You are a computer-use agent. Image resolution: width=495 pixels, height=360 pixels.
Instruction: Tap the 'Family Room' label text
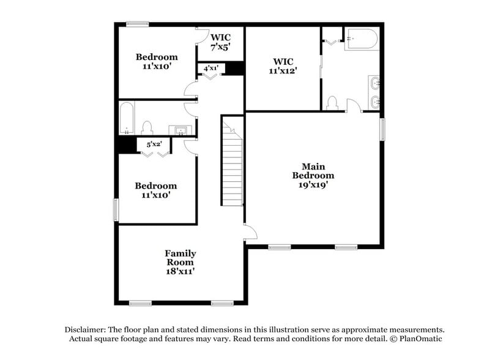click(x=180, y=258)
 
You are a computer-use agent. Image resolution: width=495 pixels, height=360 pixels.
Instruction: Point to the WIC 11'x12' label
click(x=283, y=66)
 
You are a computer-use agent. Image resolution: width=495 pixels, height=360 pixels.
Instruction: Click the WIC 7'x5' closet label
click(x=220, y=40)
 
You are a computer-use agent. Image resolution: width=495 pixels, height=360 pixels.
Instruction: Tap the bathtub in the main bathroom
click(x=361, y=39)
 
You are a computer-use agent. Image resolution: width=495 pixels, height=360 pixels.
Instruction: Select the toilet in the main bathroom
click(x=333, y=103)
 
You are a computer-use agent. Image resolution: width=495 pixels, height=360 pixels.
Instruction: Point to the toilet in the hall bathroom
click(x=147, y=127)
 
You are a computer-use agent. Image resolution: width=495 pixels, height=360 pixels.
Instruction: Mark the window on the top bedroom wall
click(x=138, y=24)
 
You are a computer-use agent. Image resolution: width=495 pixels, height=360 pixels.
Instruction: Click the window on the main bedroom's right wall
click(x=382, y=129)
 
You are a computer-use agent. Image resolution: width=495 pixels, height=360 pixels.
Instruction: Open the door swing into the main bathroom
click(x=354, y=105)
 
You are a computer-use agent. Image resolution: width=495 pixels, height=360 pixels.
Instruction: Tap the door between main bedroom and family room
click(x=250, y=232)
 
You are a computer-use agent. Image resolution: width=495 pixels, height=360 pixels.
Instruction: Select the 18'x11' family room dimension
click(x=180, y=271)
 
